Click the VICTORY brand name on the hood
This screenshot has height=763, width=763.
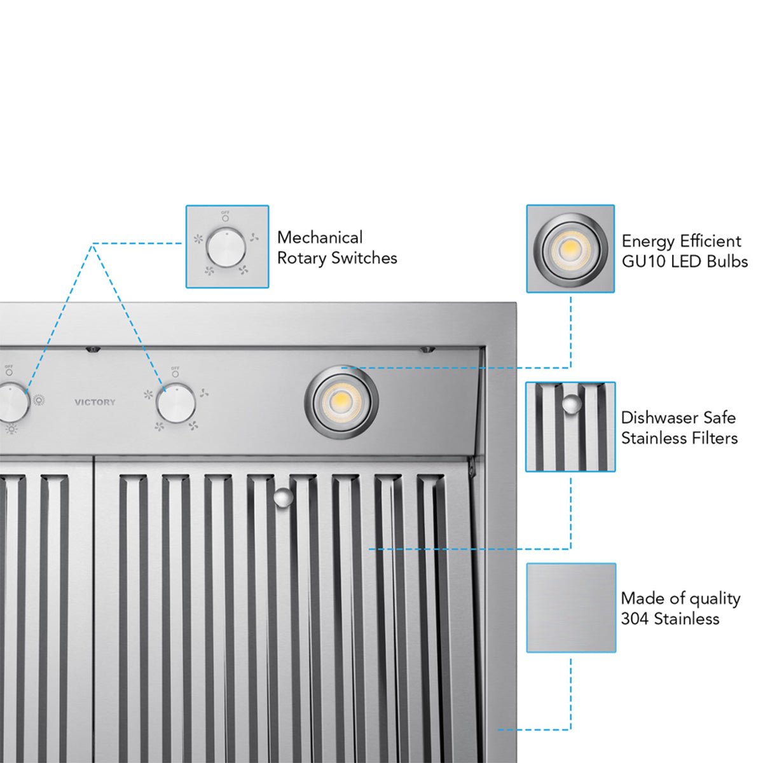point(95,402)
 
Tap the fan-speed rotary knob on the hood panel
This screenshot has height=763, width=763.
point(176,403)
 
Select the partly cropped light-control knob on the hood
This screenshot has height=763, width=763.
point(13,402)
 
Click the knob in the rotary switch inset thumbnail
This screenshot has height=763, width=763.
point(226,248)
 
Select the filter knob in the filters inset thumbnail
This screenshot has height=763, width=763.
point(572,404)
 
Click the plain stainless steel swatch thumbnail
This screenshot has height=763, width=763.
point(571,607)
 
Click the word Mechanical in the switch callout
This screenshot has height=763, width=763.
point(320,238)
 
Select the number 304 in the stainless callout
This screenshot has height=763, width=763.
point(635,619)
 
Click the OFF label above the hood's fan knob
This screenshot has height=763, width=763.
point(175,369)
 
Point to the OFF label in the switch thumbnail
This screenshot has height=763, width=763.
point(225,212)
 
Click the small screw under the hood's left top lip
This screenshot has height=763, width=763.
point(93,349)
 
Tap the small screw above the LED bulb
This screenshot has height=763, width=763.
point(427,349)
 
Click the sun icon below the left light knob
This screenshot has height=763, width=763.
point(11,430)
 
